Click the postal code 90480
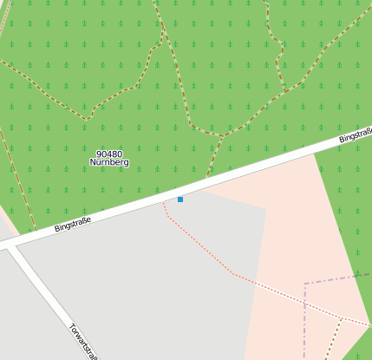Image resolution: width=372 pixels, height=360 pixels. pos(109,154)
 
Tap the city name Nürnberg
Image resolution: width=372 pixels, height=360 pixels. pos(109,162)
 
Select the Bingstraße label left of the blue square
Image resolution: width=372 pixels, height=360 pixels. pos(72,223)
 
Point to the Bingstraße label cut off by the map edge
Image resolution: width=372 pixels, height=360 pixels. pos(356,135)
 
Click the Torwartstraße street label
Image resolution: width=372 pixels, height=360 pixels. pos(86,342)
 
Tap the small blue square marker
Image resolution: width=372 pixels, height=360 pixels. pos(180,200)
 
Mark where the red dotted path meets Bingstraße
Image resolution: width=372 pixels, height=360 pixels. pos(165,203)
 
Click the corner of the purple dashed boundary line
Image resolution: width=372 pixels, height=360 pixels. pos(305,284)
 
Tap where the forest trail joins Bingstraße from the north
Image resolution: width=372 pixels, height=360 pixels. pos(208,178)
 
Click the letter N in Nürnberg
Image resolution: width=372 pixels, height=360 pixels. pos(93,162)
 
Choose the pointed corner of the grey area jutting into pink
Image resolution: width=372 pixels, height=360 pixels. pos(264,208)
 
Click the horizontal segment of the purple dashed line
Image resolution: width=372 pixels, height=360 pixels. pos(338,278)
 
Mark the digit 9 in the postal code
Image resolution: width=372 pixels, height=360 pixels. pos(100,154)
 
